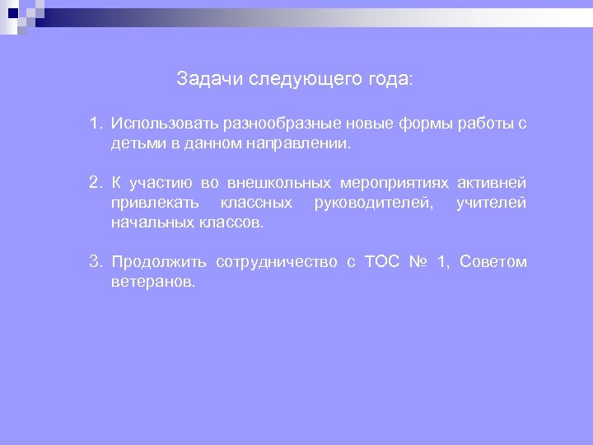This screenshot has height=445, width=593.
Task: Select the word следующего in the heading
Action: click(x=303, y=80)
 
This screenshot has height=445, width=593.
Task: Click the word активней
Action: click(x=493, y=183)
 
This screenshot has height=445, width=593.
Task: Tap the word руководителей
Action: click(x=375, y=203)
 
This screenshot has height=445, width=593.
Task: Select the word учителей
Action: click(x=491, y=203)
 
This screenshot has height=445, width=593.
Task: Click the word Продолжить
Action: click(x=159, y=263)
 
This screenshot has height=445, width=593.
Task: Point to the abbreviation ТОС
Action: click(x=381, y=263)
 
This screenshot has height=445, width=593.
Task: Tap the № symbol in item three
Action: click(x=418, y=263)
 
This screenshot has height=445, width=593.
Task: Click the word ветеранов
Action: click(x=154, y=282)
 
